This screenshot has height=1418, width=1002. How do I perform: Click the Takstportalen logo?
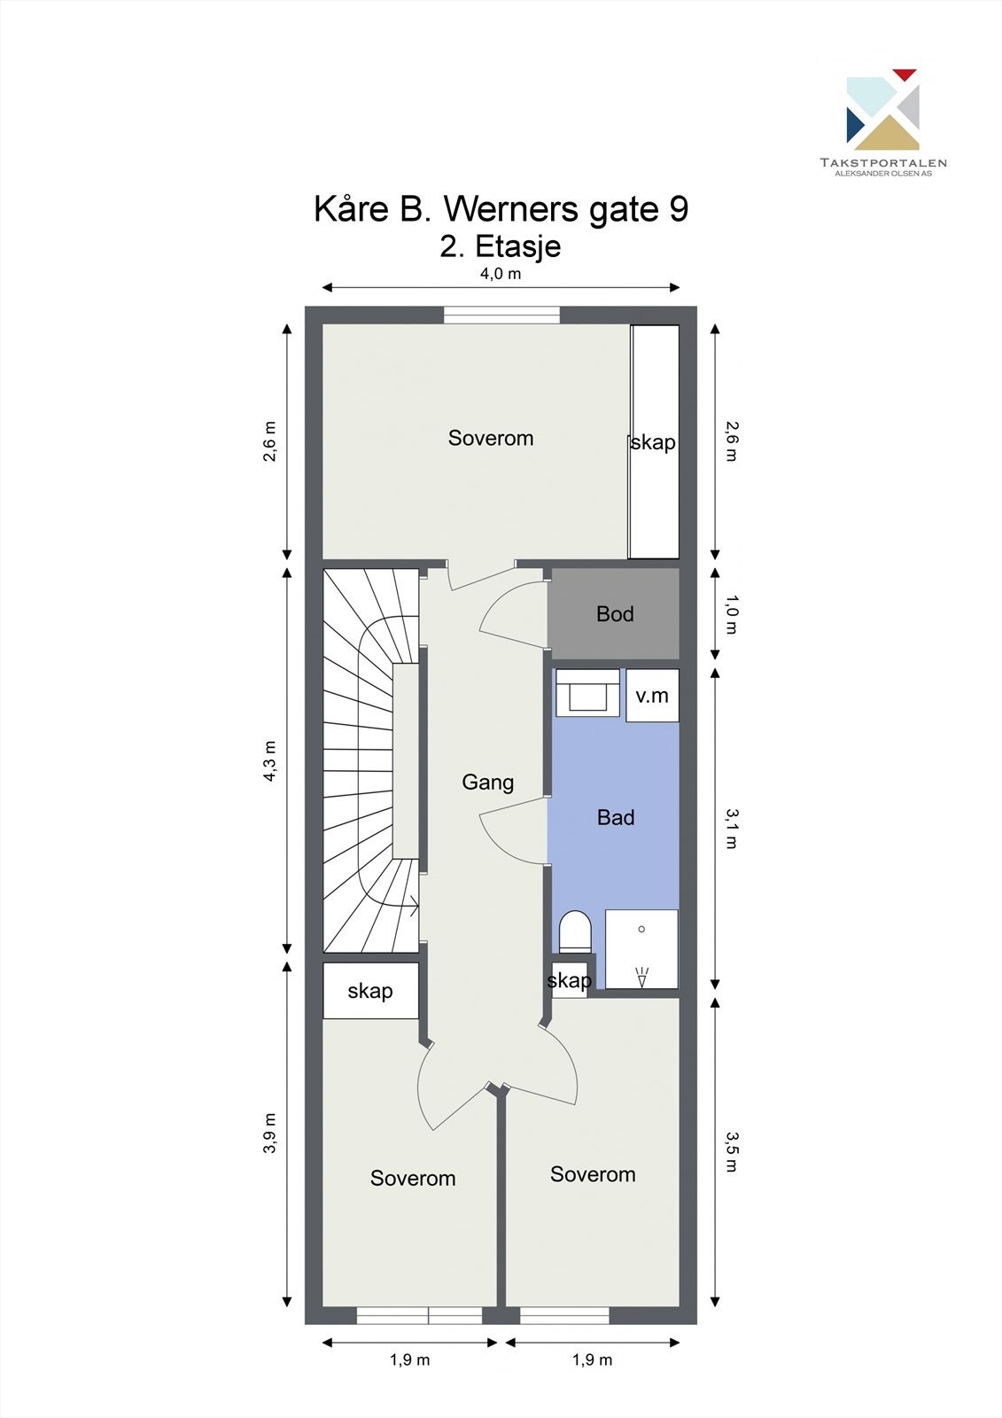pyautogui.click(x=883, y=121)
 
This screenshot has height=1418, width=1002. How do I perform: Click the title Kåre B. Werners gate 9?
pyautogui.click(x=501, y=209)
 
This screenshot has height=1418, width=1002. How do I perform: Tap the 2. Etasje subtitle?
pyautogui.click(x=501, y=245)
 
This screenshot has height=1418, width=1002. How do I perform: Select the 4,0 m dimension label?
pyautogui.click(x=501, y=274)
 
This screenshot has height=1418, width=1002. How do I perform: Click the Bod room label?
pyautogui.click(x=615, y=614)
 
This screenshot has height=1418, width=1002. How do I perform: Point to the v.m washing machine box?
pyautogui.click(x=652, y=696)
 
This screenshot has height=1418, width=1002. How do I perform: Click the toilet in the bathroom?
pyautogui.click(x=575, y=932)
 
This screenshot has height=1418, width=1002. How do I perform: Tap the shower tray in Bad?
pyautogui.click(x=641, y=948)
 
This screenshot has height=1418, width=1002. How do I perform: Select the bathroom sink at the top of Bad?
pyautogui.click(x=587, y=693)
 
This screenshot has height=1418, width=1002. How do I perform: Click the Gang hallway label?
pyautogui.click(x=487, y=783)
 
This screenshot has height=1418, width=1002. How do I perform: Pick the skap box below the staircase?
pyautogui.click(x=369, y=991)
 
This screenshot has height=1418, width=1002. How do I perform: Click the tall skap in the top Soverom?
pyautogui.click(x=654, y=441)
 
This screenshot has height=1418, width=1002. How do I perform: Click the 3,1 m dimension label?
pyautogui.click(x=732, y=828)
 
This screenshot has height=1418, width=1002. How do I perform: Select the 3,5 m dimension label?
pyautogui.click(x=732, y=1151)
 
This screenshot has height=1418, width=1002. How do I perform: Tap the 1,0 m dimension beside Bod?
pyautogui.click(x=732, y=615)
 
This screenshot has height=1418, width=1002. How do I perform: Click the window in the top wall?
pyautogui.click(x=501, y=316)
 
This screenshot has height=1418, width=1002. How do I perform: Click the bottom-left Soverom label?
pyautogui.click(x=413, y=1179)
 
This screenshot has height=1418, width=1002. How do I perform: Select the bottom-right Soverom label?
pyautogui.click(x=593, y=1175)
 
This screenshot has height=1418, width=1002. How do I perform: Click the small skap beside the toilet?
pyautogui.click(x=569, y=980)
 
